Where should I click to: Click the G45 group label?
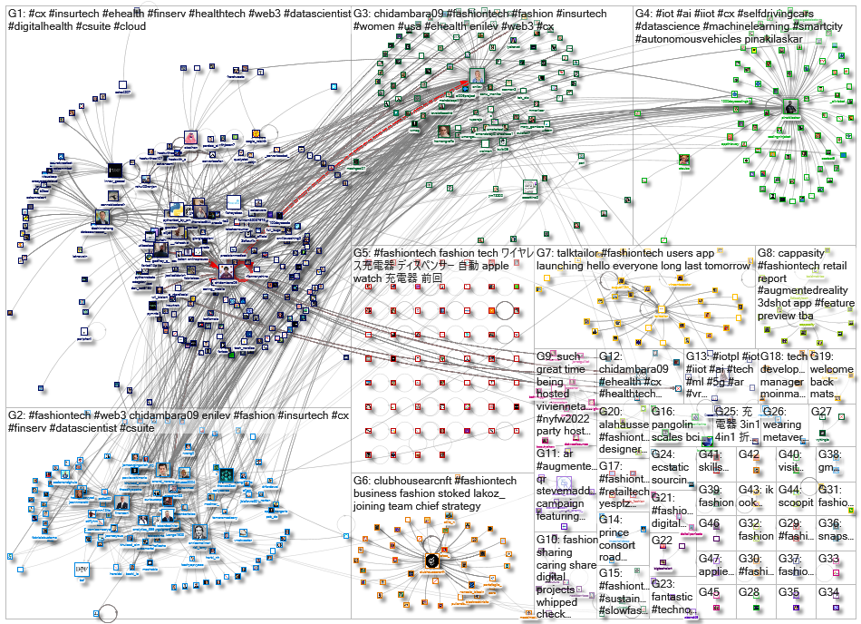coord(709,592)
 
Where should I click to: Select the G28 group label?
coord(749,592)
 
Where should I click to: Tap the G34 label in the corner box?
coord(829,592)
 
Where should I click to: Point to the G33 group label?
coord(829,559)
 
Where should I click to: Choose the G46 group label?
coord(709,523)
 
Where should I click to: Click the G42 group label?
coord(749,454)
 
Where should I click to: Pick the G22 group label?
coord(663,541)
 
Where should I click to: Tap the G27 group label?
coord(821,412)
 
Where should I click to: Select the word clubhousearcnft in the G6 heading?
coord(404,481)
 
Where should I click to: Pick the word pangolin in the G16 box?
coord(674,424)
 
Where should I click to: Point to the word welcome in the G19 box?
coord(831,370)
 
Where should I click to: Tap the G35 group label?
coord(788,592)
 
